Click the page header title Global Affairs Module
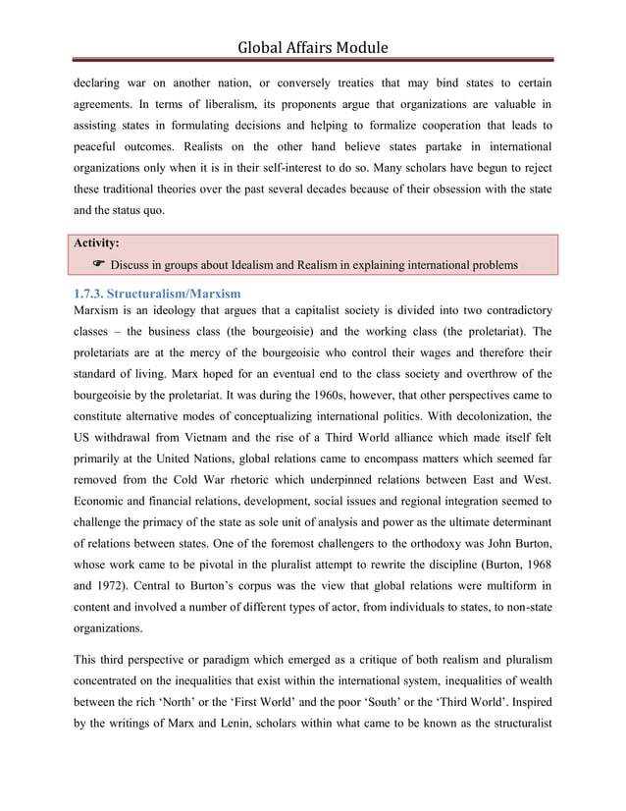(x=312, y=46)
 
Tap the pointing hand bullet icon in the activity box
(x=98, y=265)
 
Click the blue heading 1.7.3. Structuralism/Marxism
(x=157, y=294)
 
